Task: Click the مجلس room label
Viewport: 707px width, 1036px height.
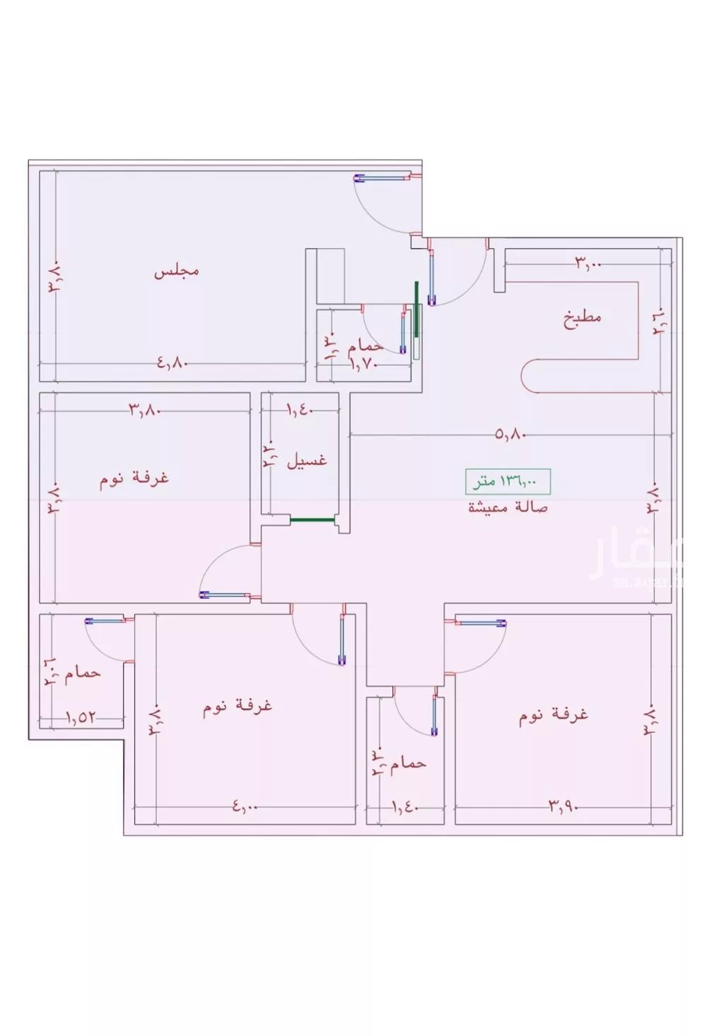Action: [177, 271]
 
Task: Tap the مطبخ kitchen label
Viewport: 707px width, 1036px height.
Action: [582, 317]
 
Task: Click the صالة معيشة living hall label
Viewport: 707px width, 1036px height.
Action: [507, 507]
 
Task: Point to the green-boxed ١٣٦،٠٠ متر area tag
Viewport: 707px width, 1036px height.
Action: [507, 482]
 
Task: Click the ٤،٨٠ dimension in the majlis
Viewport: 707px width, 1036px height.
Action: [170, 363]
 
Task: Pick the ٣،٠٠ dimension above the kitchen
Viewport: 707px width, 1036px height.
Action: [588, 264]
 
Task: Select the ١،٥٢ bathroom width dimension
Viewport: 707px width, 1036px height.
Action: [81, 717]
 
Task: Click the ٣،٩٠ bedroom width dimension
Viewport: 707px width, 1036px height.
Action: [563, 806]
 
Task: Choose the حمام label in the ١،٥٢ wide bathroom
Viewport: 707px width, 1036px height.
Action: [83, 673]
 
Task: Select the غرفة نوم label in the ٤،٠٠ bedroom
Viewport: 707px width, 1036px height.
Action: [238, 706]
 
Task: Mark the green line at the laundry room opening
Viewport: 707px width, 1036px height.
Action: [312, 519]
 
